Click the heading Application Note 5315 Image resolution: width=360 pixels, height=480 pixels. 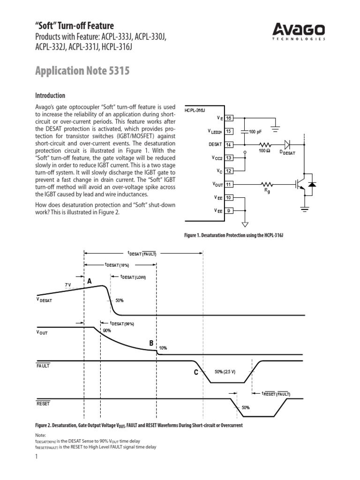[x=82, y=71]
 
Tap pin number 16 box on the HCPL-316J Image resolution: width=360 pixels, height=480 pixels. [x=229, y=118]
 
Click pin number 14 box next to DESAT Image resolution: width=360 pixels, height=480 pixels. [x=229, y=145]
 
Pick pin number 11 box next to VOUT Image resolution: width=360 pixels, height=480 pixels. [x=229, y=185]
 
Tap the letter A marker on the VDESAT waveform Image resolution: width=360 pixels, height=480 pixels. [x=90, y=281]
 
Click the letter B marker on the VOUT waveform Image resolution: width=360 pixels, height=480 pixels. [x=151, y=344]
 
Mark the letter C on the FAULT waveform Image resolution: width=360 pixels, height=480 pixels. [x=196, y=373]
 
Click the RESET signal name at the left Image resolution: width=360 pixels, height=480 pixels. [x=43, y=403]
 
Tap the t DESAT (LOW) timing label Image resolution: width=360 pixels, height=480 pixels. [x=134, y=277]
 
